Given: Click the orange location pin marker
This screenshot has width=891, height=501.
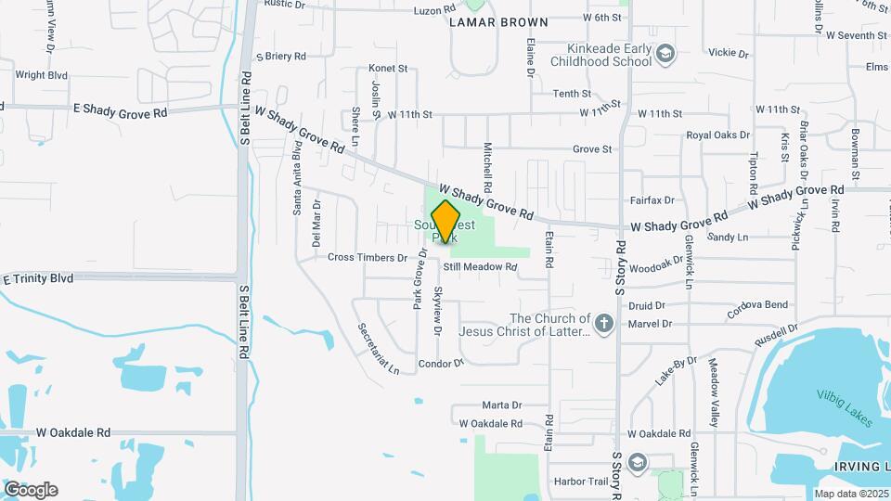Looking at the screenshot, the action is point(446,222).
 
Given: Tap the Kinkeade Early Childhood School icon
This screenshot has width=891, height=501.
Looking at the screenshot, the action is point(665,56).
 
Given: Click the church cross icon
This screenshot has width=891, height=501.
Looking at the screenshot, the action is point(604,324).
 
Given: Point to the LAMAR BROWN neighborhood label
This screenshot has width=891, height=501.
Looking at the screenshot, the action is point(498,21).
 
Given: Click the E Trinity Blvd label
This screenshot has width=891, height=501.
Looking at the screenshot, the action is point(38,278).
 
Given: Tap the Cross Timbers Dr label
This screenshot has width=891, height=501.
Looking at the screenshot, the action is point(368,257).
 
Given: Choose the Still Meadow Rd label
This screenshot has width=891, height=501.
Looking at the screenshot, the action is point(479,267).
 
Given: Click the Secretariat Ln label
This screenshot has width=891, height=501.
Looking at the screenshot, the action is point(379,348).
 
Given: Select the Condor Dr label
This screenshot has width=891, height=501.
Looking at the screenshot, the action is point(440,364).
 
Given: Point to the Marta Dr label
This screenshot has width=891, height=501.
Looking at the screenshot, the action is point(502,405).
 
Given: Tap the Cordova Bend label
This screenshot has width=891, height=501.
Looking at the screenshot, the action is point(757,305).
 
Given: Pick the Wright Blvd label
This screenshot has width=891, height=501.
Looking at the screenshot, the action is point(42,75).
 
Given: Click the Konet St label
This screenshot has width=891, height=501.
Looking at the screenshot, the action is point(388,69).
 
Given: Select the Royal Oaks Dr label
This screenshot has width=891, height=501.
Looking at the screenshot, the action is point(717,135).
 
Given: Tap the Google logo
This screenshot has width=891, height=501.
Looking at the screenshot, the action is point(31,490).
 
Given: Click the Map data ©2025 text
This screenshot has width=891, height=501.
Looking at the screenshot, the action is point(850,494).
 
